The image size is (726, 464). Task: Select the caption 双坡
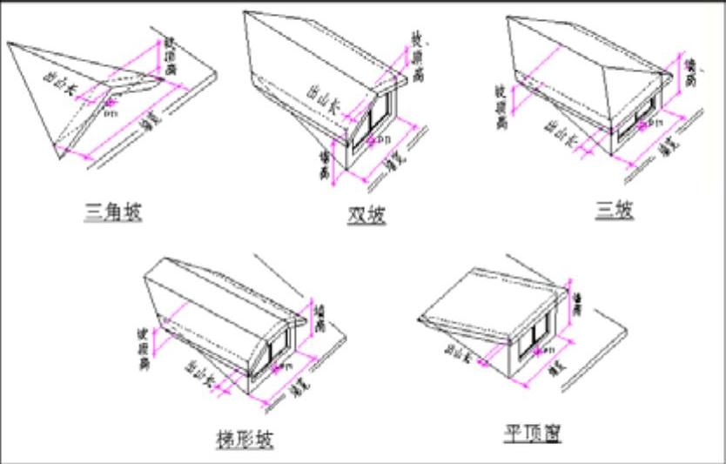coord(366,214)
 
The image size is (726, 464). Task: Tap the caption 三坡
coord(615,209)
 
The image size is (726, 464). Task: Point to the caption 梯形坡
coord(243,438)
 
